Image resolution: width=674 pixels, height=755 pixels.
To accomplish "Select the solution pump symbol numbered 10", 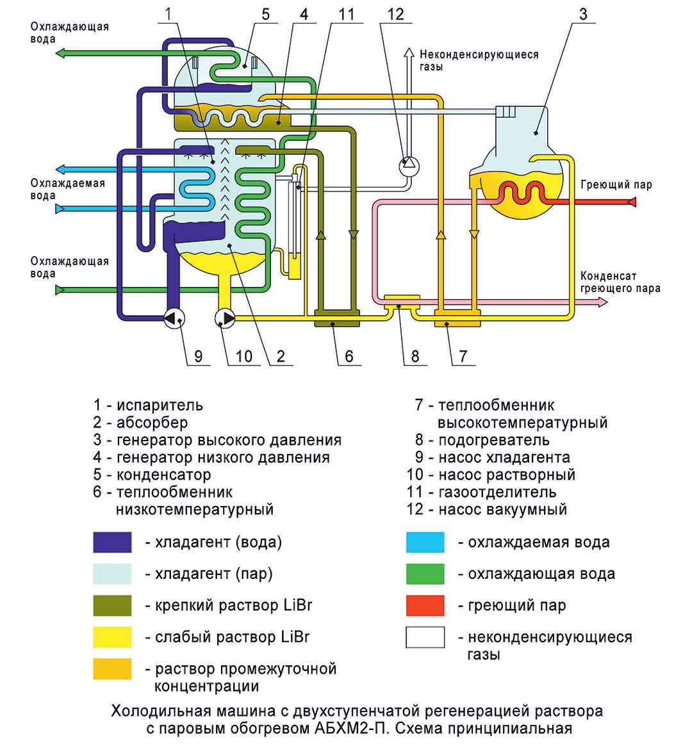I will click(225, 317).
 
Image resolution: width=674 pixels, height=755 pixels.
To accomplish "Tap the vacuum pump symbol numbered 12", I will click(409, 166).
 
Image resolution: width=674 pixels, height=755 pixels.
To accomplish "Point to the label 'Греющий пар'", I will click(616, 185).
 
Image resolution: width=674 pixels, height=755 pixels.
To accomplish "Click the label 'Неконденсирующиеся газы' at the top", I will click(479, 60).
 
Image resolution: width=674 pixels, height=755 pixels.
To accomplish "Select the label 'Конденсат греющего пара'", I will click(620, 282).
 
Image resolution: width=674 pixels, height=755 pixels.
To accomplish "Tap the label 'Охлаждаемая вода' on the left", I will click(67, 190).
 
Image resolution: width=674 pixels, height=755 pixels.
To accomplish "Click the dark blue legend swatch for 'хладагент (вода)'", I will click(112, 542).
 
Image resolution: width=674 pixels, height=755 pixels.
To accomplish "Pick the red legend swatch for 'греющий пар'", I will click(425, 605).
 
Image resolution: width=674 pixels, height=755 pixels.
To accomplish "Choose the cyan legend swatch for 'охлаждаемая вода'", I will click(425, 542).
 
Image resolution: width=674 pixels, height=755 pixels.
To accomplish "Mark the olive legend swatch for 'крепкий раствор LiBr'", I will click(112, 605).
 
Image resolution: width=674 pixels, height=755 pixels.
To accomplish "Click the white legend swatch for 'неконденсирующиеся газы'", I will click(425, 637).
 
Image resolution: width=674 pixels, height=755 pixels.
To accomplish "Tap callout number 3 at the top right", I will click(582, 14).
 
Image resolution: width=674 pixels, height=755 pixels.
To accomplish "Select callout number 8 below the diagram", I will click(415, 355).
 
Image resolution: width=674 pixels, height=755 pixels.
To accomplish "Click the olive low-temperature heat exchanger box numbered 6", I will click(336, 318).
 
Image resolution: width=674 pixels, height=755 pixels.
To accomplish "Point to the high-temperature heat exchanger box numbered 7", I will click(457, 318).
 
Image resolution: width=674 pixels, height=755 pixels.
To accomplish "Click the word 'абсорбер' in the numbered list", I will click(152, 423).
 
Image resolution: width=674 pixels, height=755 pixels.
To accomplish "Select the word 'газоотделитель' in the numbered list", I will click(497, 492).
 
